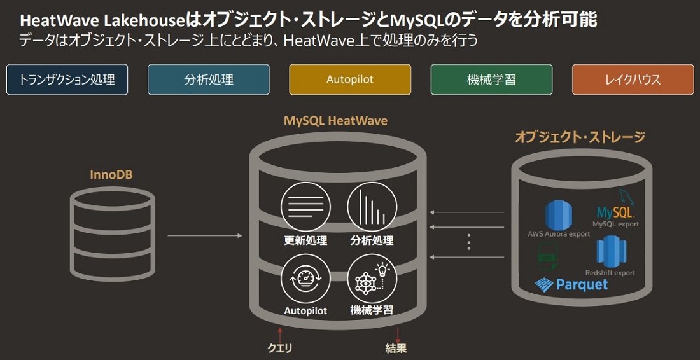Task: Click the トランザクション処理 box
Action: [67, 80]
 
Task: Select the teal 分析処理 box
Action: [209, 80]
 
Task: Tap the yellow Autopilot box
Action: [350, 80]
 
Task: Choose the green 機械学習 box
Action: [491, 80]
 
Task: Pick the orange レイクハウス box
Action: [633, 80]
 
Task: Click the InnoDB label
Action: [111, 174]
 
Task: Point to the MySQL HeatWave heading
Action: [336, 121]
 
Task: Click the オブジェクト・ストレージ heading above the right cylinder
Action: [580, 137]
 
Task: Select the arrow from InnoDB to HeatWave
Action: [205, 235]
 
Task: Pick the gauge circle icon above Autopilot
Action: [305, 280]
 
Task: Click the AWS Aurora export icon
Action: [559, 215]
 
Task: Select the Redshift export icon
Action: [611, 253]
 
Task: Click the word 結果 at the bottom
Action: [396, 349]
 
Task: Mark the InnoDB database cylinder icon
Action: [112, 231]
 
